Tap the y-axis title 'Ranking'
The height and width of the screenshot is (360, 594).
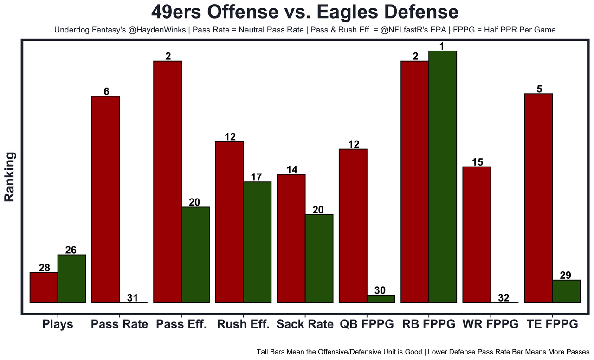10,176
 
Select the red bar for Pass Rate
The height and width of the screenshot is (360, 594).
106,199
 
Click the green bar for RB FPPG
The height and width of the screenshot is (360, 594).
443,177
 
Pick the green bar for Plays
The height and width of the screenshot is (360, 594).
71,279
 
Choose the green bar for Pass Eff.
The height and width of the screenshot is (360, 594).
195,255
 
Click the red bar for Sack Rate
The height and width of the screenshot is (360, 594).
291,238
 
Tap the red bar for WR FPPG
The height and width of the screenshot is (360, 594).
477,235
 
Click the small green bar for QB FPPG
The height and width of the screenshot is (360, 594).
381,299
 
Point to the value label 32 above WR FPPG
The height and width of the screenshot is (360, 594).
504,298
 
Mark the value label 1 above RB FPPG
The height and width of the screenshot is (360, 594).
443,46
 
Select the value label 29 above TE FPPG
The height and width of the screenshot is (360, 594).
566,275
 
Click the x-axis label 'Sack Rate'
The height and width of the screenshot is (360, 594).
305,324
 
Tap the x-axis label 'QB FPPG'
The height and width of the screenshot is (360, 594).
367,324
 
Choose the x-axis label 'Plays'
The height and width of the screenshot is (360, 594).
58,324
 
